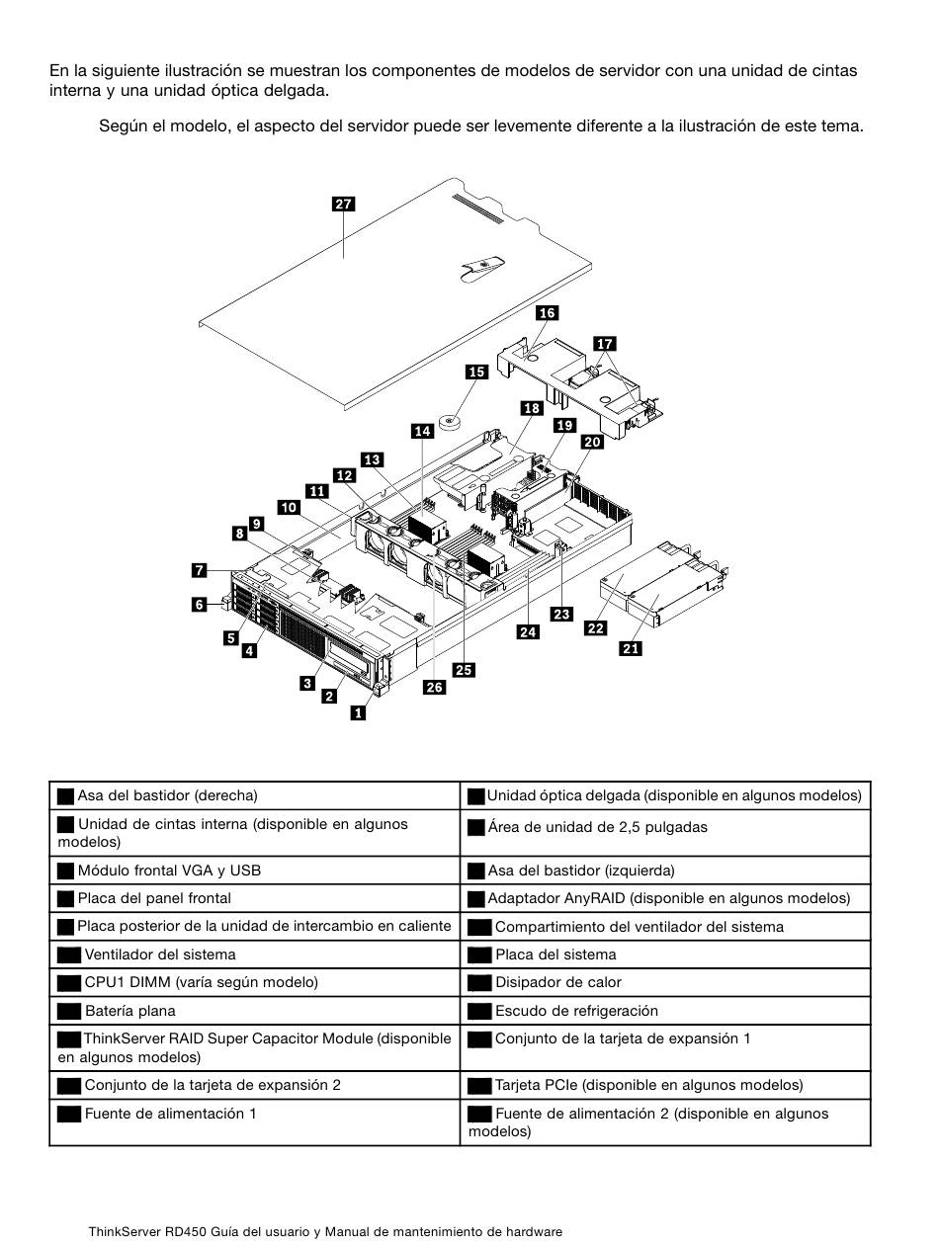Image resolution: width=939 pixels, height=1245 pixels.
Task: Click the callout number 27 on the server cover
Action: coord(343,204)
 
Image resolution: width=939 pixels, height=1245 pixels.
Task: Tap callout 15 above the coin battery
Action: coord(476,372)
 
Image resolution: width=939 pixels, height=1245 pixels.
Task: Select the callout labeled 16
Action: coord(547,312)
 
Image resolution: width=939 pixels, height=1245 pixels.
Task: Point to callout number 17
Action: coord(605,344)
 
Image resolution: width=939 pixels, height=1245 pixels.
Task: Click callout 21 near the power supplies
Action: coord(631,648)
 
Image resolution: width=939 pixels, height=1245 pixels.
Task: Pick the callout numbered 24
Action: coord(528,631)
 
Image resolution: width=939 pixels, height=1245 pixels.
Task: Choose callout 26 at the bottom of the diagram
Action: coord(434,687)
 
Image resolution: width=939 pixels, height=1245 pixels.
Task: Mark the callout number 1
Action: coord(358,713)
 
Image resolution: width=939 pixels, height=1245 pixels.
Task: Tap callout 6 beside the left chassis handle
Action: coord(199,604)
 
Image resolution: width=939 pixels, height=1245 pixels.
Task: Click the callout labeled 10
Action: coord(290,507)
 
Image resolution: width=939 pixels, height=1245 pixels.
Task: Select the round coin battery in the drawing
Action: coord(449,422)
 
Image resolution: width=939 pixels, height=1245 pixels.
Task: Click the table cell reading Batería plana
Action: coord(254,1011)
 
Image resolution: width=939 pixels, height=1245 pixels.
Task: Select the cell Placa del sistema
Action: coord(665,954)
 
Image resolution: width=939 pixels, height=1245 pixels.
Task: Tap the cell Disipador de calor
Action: coord(665,982)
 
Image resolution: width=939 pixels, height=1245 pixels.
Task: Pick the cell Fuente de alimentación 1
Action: coord(254,1122)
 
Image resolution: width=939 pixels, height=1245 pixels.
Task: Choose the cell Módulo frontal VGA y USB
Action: coord(254,871)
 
